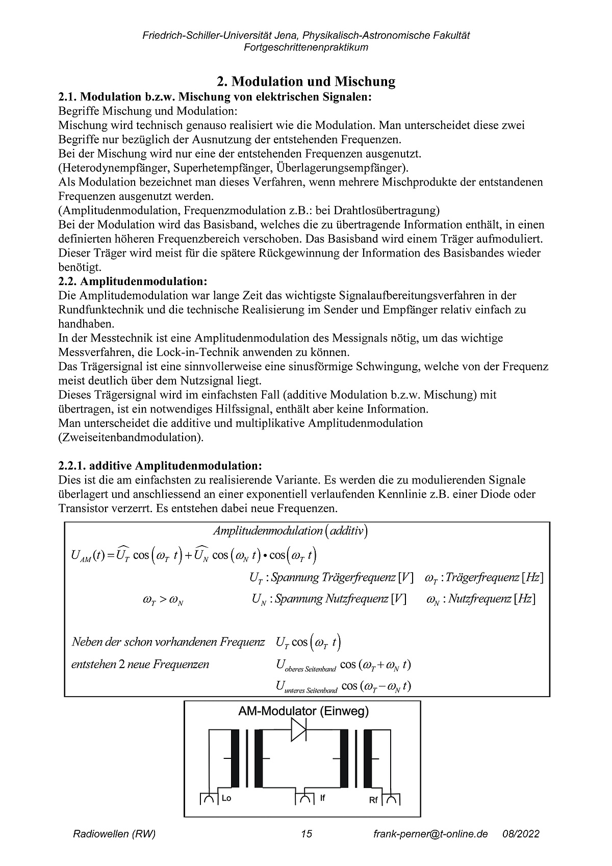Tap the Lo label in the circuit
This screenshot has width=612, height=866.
click(226, 798)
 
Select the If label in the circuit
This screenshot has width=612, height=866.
click(322, 798)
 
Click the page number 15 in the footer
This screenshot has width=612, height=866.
click(306, 834)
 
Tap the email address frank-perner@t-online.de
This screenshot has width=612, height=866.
click(430, 834)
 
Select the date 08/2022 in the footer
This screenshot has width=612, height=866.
click(521, 834)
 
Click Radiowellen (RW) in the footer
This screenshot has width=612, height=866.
click(114, 834)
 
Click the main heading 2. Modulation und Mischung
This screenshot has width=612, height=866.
click(306, 82)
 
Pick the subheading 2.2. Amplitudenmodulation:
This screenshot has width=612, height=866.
click(133, 281)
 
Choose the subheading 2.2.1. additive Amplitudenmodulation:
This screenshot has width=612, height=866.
click(161, 466)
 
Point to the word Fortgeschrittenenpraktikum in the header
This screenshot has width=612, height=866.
click(306, 47)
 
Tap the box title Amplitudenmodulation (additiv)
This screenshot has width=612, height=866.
click(291, 531)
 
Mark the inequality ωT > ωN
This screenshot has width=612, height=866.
click(163, 600)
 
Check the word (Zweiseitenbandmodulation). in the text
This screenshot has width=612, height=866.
click(131, 437)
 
